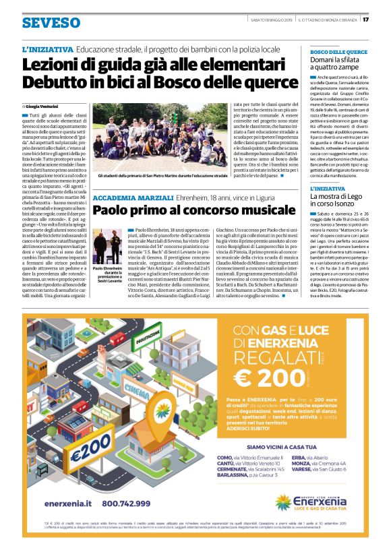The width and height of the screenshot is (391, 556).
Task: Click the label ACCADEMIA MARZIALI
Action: coord(123,197)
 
